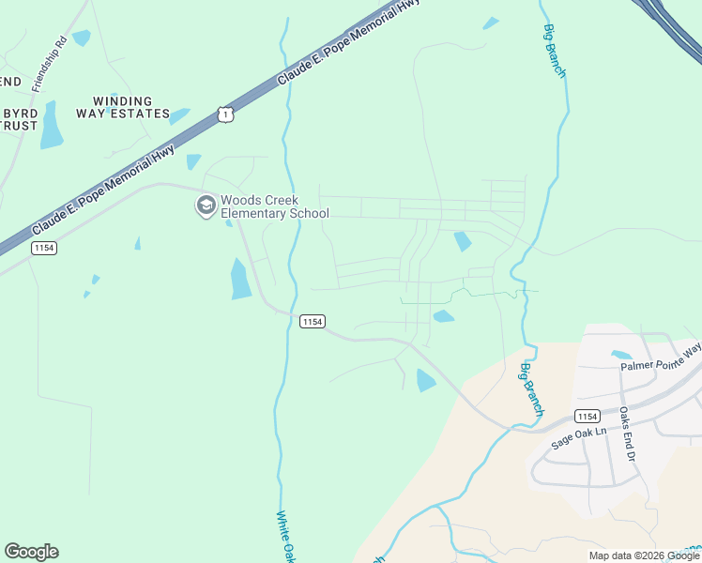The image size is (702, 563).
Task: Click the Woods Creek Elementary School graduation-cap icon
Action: tap(206, 205)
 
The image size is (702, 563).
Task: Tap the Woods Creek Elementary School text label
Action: tap(273, 206)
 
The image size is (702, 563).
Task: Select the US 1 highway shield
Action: tap(223, 114)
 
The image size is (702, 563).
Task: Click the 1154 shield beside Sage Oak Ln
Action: tap(588, 416)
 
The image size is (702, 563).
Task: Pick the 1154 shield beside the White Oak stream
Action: tap(313, 322)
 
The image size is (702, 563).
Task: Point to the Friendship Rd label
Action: tap(49, 63)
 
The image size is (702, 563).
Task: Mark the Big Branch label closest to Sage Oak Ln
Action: tap(532, 388)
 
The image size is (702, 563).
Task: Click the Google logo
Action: tap(31, 552)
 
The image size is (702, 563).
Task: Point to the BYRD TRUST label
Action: tap(19, 118)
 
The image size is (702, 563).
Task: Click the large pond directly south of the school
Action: tap(241, 279)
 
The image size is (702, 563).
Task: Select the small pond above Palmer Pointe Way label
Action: tap(620, 356)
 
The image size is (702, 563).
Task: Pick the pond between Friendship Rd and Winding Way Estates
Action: tap(82, 38)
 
